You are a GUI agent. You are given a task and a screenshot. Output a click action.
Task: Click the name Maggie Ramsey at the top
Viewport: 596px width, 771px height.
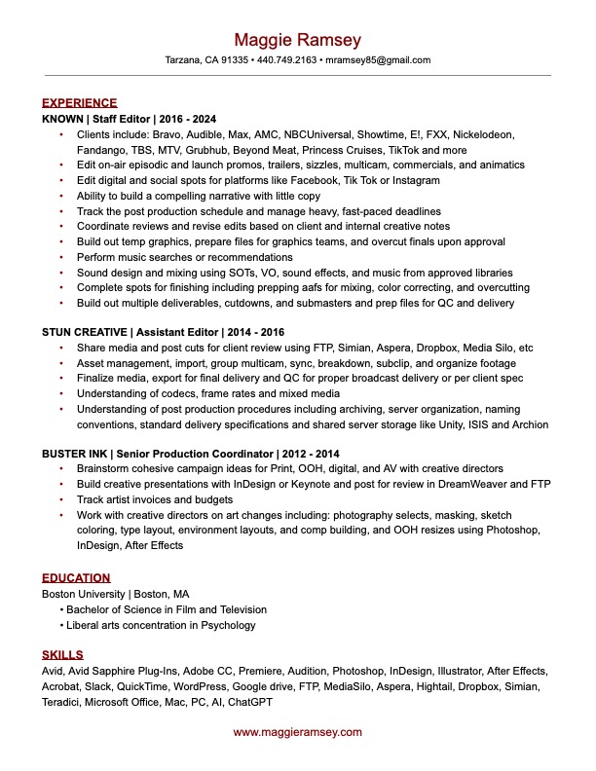point(297,40)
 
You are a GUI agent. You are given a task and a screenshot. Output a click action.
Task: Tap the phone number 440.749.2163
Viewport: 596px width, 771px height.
point(288,59)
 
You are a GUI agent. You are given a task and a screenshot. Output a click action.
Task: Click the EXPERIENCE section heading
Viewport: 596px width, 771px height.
point(79,102)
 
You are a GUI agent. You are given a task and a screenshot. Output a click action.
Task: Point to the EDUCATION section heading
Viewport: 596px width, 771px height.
point(76,577)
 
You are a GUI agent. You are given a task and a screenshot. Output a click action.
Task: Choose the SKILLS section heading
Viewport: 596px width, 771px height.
point(62,654)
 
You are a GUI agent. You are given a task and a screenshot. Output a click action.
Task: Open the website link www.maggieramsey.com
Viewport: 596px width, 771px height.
point(297,732)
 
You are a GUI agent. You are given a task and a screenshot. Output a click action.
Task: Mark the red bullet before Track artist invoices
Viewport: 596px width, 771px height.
point(62,499)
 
